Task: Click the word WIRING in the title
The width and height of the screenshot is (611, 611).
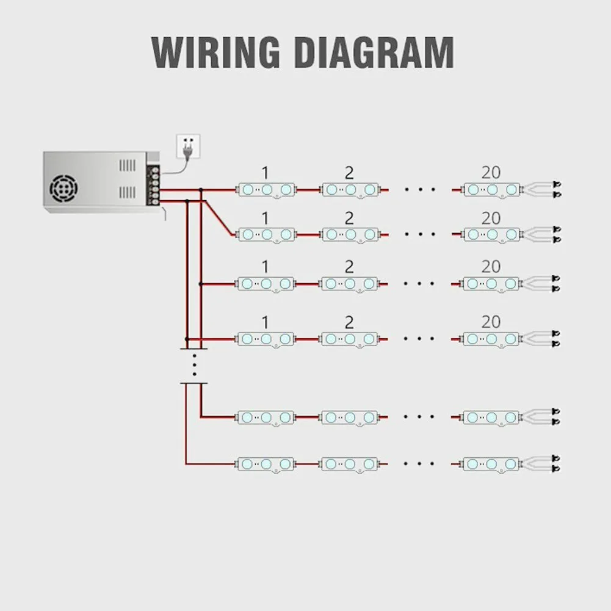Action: click(215, 52)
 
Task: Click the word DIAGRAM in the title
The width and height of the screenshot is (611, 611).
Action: click(374, 52)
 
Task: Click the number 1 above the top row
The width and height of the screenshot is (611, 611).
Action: click(265, 173)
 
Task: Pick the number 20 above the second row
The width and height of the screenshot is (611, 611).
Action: click(491, 218)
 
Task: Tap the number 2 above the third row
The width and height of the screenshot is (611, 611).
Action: click(349, 267)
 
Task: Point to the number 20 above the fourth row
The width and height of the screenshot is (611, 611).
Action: click(491, 322)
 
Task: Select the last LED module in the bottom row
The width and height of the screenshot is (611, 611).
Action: click(491, 464)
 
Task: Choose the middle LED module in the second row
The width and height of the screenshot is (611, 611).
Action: click(350, 234)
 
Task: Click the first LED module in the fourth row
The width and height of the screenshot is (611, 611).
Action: click(266, 339)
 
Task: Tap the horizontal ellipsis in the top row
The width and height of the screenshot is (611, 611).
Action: click(420, 190)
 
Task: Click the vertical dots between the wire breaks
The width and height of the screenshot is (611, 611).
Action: click(194, 365)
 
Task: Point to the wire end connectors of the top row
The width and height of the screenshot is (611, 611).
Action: click(555, 189)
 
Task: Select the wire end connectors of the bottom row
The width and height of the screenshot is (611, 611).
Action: click(555, 464)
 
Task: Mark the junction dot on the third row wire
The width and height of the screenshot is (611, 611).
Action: click(200, 284)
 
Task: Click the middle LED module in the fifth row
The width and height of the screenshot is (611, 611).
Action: click(350, 418)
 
